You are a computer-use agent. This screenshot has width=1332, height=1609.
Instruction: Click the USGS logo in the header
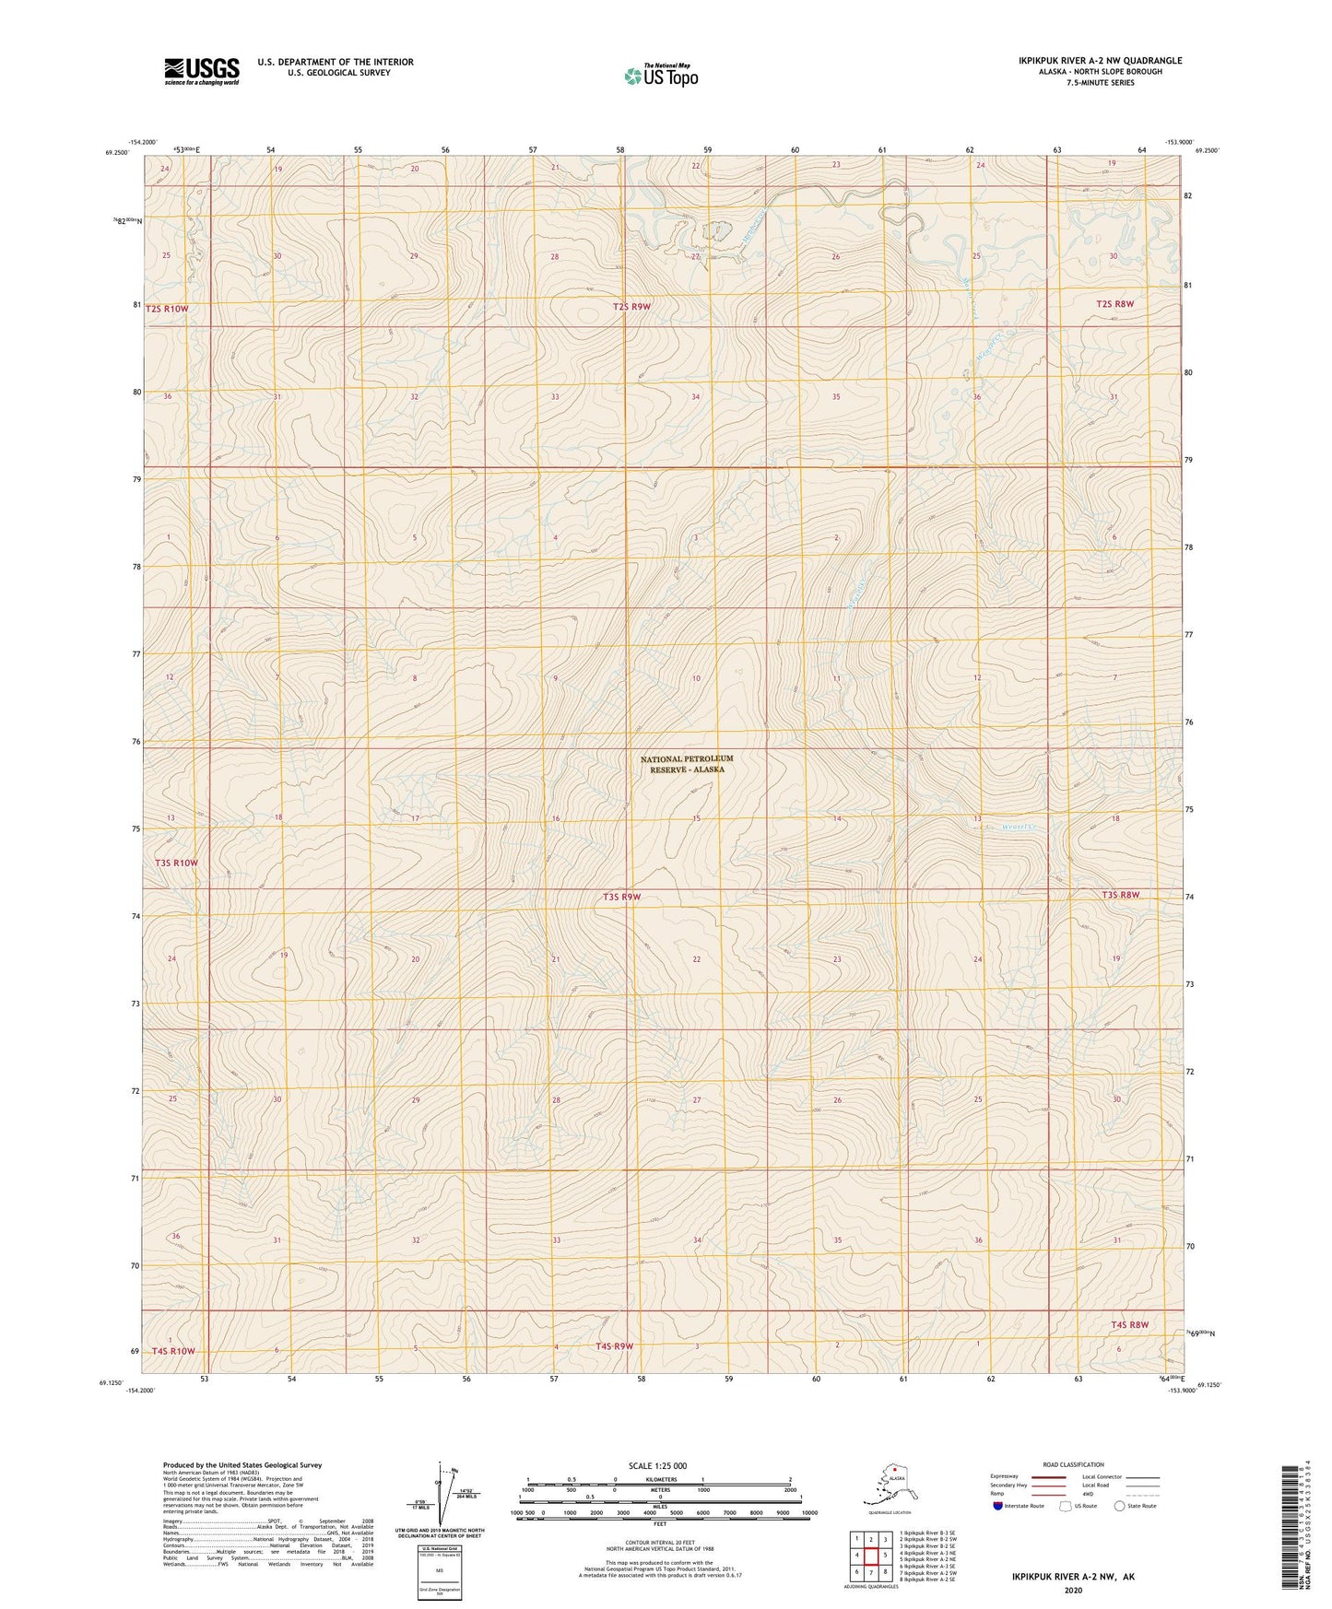coord(201,71)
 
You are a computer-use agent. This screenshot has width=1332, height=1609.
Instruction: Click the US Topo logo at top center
coord(660,76)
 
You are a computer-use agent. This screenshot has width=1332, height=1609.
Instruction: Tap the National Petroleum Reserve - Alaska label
coord(687,764)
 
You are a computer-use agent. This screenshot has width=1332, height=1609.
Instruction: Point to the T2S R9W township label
coord(632,307)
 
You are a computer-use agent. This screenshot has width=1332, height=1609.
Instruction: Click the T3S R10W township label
coord(176,863)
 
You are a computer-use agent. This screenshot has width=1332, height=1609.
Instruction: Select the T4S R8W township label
coord(1129,1325)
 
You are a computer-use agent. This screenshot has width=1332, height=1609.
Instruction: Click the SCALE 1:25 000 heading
coord(657,1466)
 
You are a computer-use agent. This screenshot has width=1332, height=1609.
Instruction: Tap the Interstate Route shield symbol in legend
coord(998,1507)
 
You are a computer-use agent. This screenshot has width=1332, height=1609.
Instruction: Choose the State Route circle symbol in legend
coord(1120,1507)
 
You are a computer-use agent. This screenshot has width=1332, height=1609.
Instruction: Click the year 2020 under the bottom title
coord(1073,1590)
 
